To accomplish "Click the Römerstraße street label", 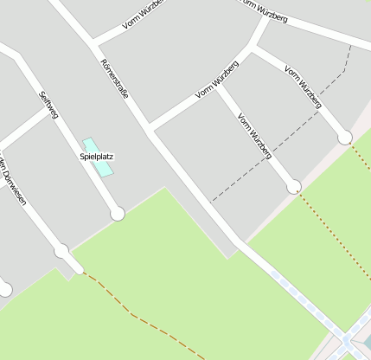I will click(114, 78).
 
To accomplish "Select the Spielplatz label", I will click(97, 157).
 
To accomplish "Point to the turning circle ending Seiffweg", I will click(118, 213).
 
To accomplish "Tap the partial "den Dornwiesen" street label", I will click(12, 183).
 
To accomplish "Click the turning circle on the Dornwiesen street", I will click(61, 251).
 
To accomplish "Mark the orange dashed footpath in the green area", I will click(138, 316).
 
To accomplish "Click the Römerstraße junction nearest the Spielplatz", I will click(150, 132).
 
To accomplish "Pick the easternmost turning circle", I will click(345, 137).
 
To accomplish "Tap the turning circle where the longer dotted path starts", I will click(294, 186).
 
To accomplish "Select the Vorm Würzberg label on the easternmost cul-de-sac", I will click(304, 87).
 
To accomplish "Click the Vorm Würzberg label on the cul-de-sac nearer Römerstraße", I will click(254, 135).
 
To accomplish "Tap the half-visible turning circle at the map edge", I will click(4, 290).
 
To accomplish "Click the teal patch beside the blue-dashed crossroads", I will click(365, 344).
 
